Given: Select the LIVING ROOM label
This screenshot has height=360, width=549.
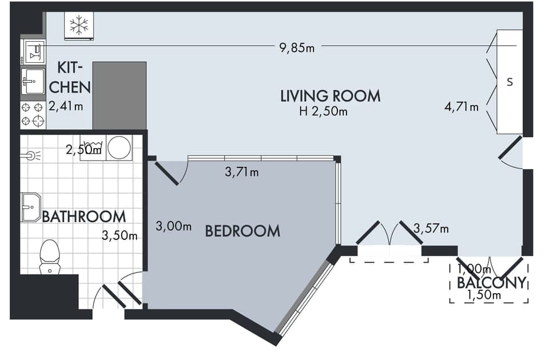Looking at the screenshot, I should point(330,95).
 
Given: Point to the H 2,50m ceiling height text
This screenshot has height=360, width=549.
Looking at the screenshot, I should point(323,111).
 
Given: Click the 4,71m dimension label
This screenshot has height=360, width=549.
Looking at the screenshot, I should point(462,106).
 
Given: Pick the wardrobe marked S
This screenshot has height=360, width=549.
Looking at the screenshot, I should point(509,82).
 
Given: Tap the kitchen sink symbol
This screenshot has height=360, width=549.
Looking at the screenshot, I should point(33,82).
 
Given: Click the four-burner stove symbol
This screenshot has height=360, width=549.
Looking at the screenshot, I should point(33,114).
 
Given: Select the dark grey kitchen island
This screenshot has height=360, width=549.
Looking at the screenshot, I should point(119,95).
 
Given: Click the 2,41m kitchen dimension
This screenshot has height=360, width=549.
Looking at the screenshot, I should point(66,106).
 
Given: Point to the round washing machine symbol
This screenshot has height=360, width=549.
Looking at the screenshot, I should point(119,147).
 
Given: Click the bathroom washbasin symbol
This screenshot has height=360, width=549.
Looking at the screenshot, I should point(31,207).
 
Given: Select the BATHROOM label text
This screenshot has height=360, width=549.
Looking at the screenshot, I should point(84,217).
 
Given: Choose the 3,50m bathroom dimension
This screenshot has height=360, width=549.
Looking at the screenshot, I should point(120,235).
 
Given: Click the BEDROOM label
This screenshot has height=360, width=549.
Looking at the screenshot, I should point(242,231).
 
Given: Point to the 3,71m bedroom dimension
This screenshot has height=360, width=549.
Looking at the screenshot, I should point(242,171).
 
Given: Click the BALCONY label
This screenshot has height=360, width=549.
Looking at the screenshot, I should point(491,282).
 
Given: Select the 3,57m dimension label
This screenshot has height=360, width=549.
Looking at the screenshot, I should point(431,229).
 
